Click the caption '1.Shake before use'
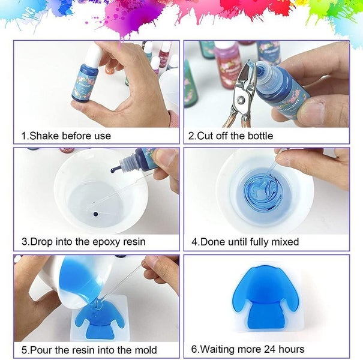coord(66,136)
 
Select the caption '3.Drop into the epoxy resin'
coord(83,242)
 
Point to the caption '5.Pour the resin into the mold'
coord(89,349)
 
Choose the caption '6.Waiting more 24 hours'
coord(248,349)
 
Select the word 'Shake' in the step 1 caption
coord(46,136)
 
